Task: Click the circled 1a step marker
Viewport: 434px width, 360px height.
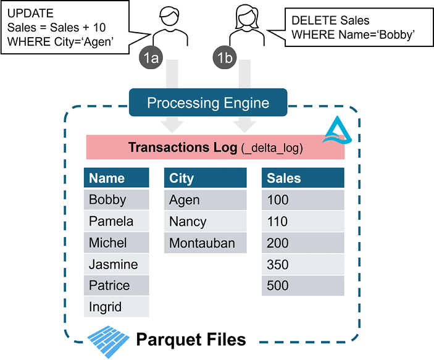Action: tap(151, 57)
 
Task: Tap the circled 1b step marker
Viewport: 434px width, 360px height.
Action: tap(225, 57)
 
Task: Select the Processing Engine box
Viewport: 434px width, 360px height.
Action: tap(208, 103)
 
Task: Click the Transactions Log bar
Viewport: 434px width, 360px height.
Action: tap(215, 147)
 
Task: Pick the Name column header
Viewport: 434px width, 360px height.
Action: tap(116, 177)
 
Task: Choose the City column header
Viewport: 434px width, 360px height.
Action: tap(205, 177)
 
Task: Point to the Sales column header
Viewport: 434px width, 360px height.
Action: tap(303, 177)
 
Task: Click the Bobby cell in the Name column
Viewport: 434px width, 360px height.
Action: tap(116, 199)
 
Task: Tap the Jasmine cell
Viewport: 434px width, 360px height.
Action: tap(116, 264)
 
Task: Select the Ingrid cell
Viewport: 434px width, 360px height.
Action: tap(116, 307)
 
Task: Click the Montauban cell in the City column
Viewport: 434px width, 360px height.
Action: tap(205, 243)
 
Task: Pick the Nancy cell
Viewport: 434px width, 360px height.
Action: tap(205, 221)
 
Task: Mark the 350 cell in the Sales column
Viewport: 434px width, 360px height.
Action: tap(303, 264)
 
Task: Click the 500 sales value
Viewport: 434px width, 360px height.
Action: tap(303, 285)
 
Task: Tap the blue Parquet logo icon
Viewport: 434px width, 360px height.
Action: tap(108, 341)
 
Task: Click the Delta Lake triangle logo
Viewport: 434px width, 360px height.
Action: tap(338, 130)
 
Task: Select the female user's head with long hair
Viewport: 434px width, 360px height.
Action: tap(247, 17)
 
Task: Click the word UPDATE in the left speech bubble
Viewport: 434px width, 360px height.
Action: tap(30, 14)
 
